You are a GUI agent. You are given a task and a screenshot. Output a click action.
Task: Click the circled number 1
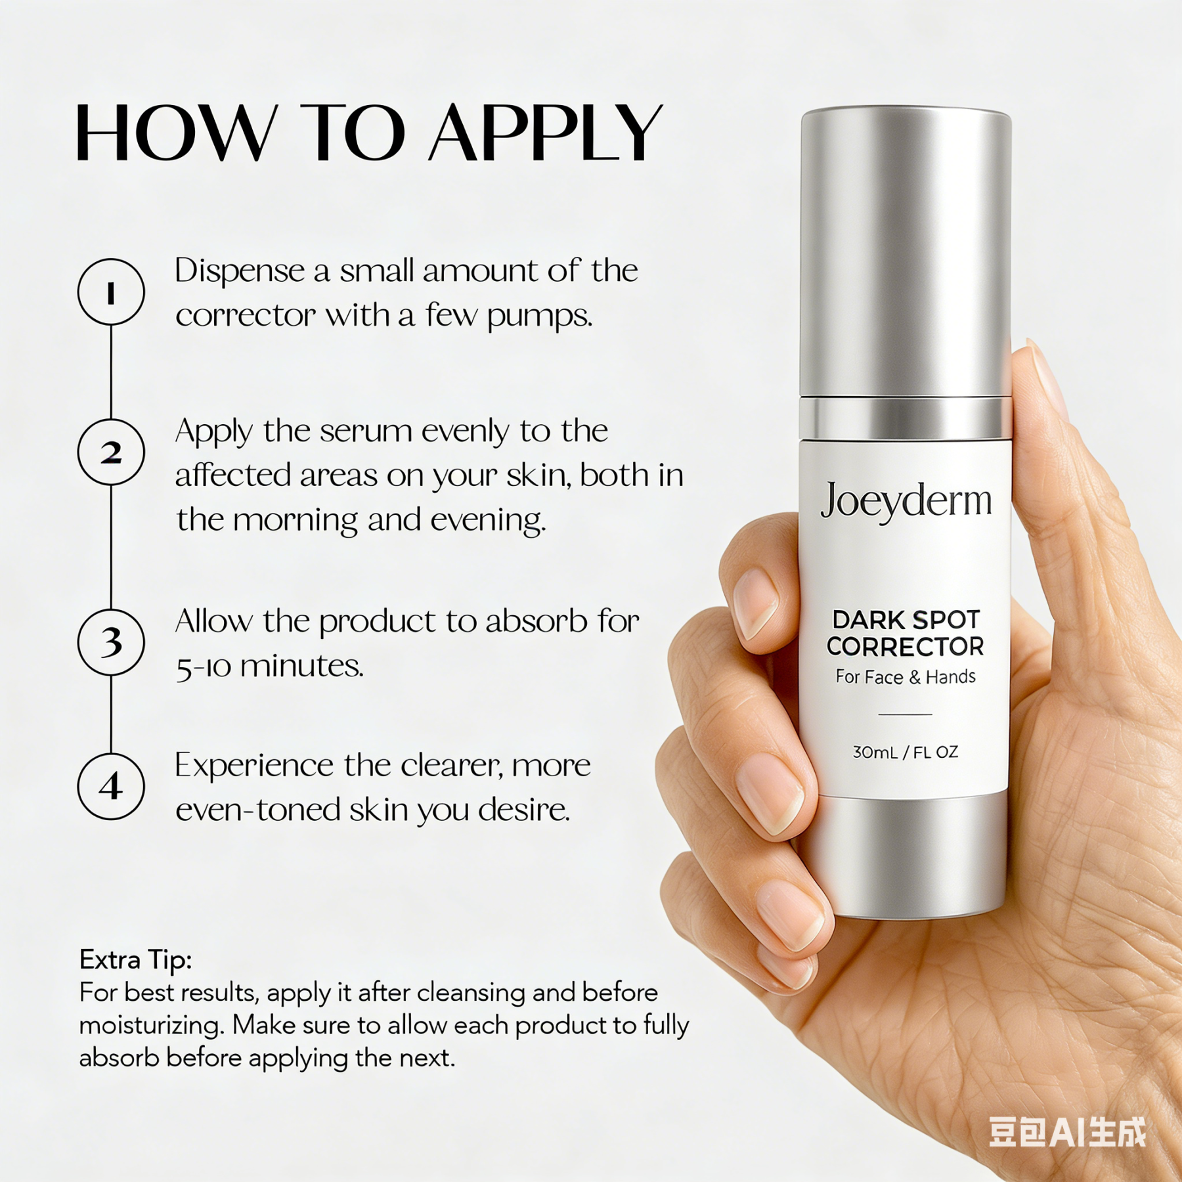[111, 292]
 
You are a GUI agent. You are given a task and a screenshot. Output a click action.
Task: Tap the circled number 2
[111, 452]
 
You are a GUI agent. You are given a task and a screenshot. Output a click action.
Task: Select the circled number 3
[111, 642]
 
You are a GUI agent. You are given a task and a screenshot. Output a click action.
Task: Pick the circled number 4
[111, 786]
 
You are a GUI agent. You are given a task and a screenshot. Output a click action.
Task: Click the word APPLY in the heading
[545, 133]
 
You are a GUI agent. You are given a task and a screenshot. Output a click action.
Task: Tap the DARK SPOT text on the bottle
[906, 619]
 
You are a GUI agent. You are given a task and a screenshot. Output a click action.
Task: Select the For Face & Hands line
[906, 677]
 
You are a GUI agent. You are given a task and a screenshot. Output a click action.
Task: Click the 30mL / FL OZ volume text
[906, 753]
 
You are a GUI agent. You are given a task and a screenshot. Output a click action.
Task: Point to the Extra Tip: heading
[135, 960]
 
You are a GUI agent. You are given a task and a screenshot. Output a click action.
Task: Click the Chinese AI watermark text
[1067, 1131]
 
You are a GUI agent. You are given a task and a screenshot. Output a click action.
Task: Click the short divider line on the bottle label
[906, 714]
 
